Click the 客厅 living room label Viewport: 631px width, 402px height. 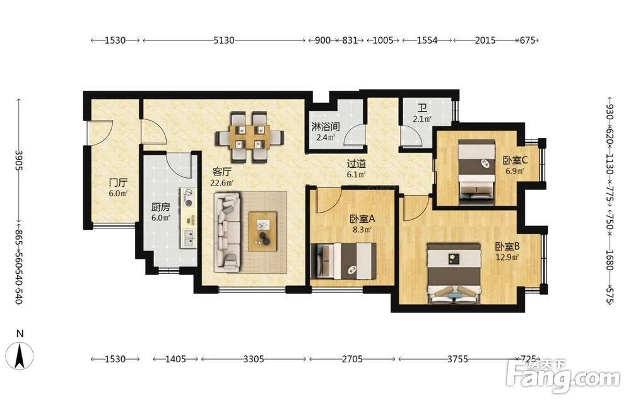[221, 172]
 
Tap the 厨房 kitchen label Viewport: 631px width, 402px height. [160, 207]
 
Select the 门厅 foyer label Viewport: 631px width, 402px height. [119, 182]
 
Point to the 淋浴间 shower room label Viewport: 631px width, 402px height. [326, 127]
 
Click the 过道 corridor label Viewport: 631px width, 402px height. [357, 164]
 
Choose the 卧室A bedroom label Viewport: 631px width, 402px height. [362, 219]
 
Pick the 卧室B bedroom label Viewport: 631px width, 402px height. [507, 246]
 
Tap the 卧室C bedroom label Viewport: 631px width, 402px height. [515, 160]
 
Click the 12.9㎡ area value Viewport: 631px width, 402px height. [507, 257]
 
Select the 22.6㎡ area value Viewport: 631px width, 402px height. [221, 183]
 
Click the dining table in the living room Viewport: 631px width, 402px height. [249, 137]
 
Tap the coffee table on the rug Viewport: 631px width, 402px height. [263, 232]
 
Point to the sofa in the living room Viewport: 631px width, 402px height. [227, 231]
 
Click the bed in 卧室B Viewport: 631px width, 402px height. [454, 273]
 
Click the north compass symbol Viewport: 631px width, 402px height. [20, 356]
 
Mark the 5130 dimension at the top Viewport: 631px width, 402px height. [224, 40]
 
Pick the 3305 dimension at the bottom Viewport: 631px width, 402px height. [254, 358]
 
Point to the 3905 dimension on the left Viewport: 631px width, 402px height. [19, 160]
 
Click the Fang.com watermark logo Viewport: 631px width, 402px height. [563, 376]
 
